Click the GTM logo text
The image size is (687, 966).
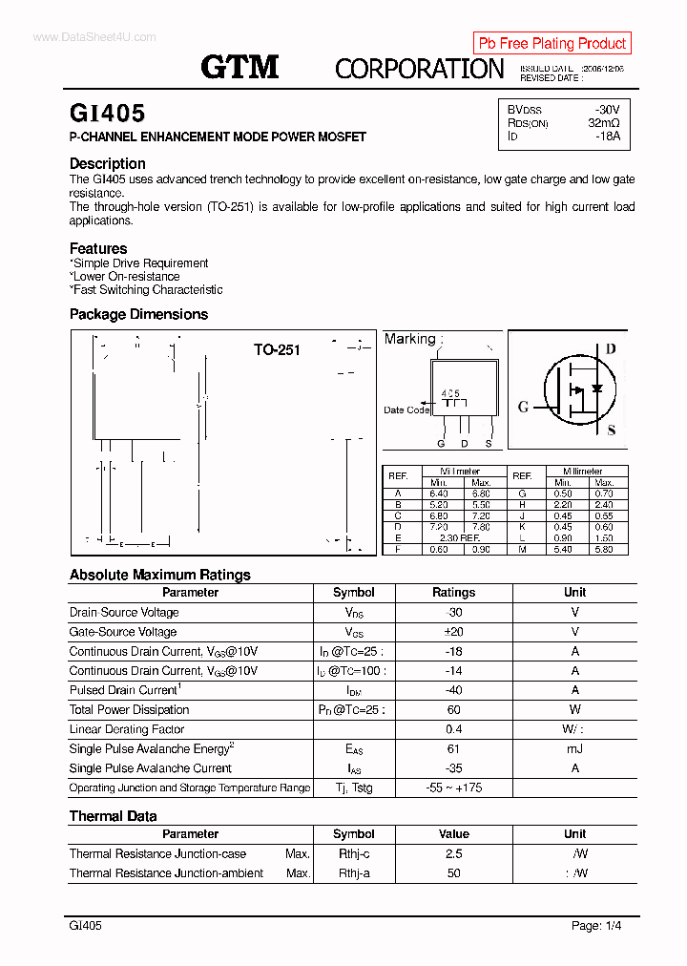tap(239, 67)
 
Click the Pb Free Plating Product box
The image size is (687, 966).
tap(552, 43)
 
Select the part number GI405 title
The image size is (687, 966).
tap(107, 114)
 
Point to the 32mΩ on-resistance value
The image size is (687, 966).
tap(603, 123)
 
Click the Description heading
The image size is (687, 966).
tap(107, 163)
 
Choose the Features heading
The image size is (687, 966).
tap(98, 248)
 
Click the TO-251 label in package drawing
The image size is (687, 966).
tap(277, 350)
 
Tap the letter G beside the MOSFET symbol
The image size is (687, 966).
tap(523, 407)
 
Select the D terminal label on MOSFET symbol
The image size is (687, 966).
tap(611, 348)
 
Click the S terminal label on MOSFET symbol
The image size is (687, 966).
tap(612, 430)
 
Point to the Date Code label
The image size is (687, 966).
tap(406, 410)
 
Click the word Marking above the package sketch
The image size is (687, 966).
tap(409, 339)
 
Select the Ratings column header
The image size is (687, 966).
tap(453, 593)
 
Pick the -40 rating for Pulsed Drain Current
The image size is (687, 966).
tap(453, 690)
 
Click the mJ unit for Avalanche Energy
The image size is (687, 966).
tap(574, 749)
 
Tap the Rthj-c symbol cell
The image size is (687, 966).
tap(354, 854)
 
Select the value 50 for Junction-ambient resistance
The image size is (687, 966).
tap(453, 873)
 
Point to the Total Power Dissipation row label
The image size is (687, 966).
tap(129, 710)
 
